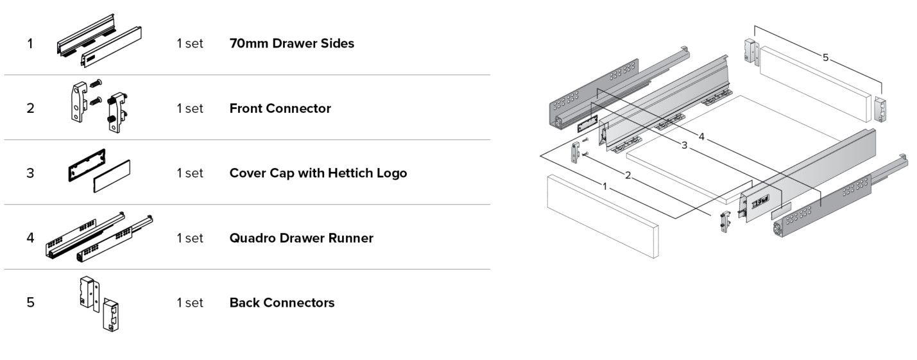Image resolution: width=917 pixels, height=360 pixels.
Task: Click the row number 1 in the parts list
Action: click(x=30, y=44)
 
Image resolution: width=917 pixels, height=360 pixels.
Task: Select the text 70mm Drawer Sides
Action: click(x=291, y=44)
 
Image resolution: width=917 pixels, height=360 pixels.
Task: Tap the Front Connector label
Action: click(x=280, y=108)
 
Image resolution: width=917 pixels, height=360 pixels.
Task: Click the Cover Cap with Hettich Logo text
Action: click(x=318, y=173)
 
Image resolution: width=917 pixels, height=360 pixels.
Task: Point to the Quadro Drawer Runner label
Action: click(x=301, y=238)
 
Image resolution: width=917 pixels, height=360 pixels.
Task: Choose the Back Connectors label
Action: click(x=282, y=303)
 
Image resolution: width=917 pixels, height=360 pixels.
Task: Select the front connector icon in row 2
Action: click(x=97, y=107)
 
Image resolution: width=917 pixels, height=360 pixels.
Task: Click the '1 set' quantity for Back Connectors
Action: click(x=190, y=303)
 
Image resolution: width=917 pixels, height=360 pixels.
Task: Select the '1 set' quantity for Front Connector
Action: click(x=190, y=108)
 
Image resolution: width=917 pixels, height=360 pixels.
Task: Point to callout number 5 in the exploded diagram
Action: click(x=825, y=58)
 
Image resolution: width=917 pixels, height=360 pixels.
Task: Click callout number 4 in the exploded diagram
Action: click(x=701, y=137)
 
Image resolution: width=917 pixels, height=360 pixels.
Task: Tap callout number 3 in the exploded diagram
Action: click(x=684, y=146)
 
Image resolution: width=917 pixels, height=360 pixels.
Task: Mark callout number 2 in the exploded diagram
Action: click(x=628, y=175)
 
